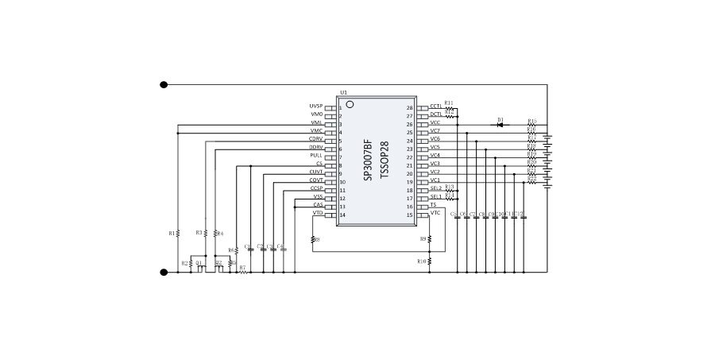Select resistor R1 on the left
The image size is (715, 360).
pyautogui.click(x=177, y=233)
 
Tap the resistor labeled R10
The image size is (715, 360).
pyautogui.click(x=429, y=261)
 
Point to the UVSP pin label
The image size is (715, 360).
pyautogui.click(x=315, y=106)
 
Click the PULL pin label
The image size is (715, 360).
pyautogui.click(x=316, y=156)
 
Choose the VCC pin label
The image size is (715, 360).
pyautogui.click(x=435, y=123)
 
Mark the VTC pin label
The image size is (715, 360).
pyautogui.click(x=435, y=213)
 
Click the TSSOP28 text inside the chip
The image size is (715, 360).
pyautogui.click(x=385, y=161)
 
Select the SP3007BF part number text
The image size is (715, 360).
pyautogui.click(x=368, y=161)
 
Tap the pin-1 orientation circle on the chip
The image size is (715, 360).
pyautogui.click(x=350, y=104)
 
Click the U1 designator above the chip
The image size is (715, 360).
pyautogui.click(x=343, y=93)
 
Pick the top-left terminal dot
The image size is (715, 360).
pyautogui.click(x=164, y=84)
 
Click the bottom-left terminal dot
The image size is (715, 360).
pyautogui.click(x=164, y=273)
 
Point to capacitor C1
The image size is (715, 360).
pyautogui.click(x=250, y=250)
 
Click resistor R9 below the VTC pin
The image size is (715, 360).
pyautogui.click(x=429, y=238)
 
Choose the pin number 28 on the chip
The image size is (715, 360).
pyautogui.click(x=410, y=108)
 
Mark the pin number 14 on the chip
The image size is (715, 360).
pyautogui.click(x=342, y=215)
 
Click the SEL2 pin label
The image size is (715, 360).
pyautogui.click(x=435, y=188)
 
